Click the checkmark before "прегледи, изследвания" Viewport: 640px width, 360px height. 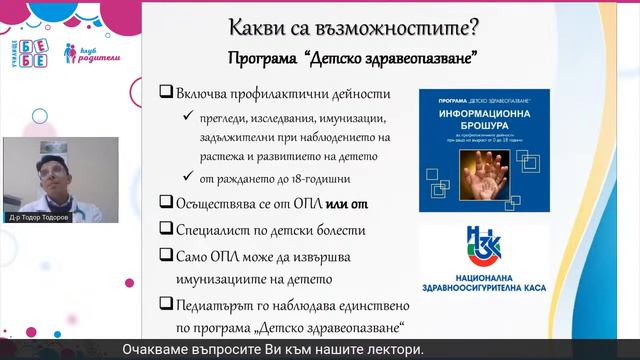pyautogui.click(x=188, y=116)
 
